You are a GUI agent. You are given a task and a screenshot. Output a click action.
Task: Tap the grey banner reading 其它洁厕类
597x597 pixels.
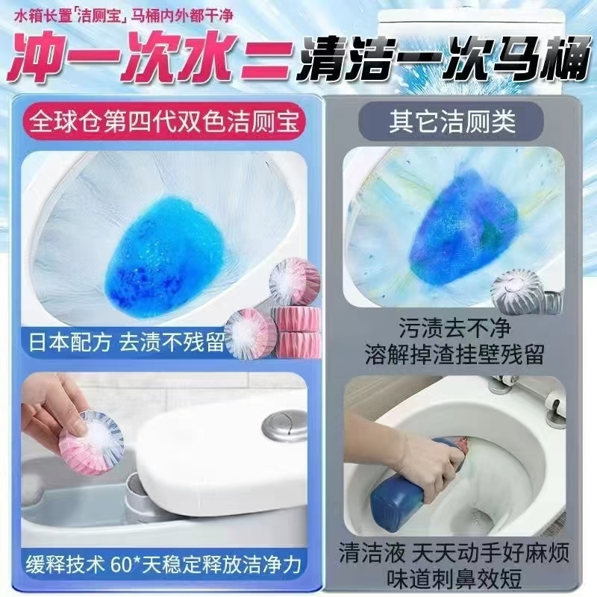[451, 121]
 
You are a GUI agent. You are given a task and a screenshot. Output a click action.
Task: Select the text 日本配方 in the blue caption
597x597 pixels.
[70, 342]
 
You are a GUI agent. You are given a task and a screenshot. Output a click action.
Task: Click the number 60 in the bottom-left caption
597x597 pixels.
[121, 565]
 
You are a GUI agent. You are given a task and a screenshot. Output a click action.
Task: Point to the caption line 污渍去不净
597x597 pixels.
[454, 328]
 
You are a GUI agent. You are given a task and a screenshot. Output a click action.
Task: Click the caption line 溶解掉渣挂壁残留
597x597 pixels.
[454, 354]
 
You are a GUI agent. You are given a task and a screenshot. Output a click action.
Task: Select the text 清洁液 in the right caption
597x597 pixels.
[372, 552]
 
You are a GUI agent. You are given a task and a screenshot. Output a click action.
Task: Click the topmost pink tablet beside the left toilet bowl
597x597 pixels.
[294, 281]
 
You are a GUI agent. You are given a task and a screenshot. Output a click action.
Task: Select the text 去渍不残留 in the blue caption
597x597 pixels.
[172, 342]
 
